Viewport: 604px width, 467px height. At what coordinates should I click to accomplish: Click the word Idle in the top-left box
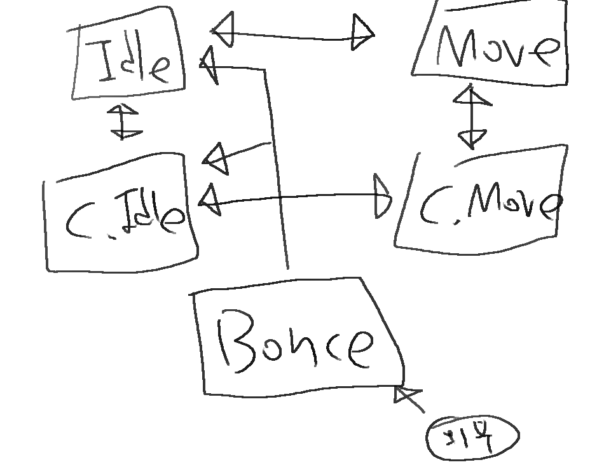pos(133,61)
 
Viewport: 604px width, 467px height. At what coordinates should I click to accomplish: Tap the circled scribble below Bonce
pos(472,436)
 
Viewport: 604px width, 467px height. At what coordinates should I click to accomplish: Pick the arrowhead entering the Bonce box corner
pos(403,395)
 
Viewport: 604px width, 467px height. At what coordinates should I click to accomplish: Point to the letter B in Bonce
pos(238,340)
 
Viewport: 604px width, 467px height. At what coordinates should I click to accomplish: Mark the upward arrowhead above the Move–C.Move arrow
pos(471,97)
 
